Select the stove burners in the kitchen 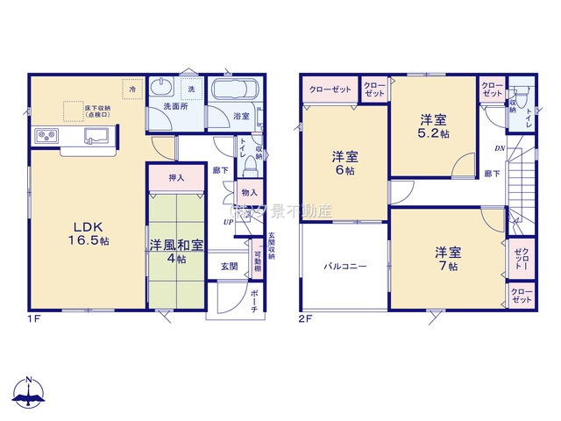45,136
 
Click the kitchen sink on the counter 96,135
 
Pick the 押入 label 176,178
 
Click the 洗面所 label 176,107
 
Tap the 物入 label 249,192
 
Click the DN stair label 500,149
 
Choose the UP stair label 229,221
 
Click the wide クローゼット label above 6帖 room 330,89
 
